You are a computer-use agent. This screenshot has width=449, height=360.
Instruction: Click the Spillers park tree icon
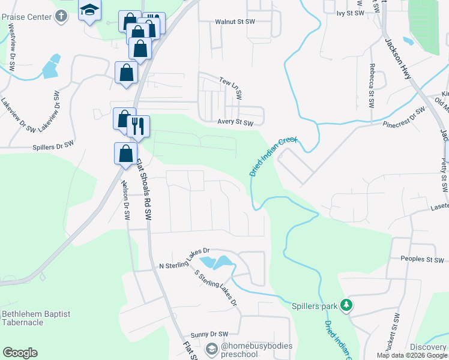pyautogui.click(x=346, y=305)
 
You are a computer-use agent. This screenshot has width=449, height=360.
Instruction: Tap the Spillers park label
pyautogui.click(x=315, y=306)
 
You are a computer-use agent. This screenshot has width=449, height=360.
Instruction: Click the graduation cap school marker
pyautogui.click(x=89, y=10)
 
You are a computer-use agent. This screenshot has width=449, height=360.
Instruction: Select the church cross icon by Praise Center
pyautogui.click(x=61, y=16)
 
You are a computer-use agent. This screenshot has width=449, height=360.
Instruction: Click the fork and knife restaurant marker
pyautogui.click(x=138, y=126)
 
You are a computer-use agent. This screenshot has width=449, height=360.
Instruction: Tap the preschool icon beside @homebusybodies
pyautogui.click(x=211, y=349)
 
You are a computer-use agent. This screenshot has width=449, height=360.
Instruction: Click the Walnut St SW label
pyautogui.click(x=235, y=22)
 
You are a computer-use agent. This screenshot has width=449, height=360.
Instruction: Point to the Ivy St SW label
pyautogui.click(x=351, y=13)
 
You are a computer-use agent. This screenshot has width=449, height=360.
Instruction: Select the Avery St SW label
pyautogui.click(x=235, y=123)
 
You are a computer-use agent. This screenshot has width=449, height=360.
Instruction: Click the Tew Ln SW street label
pyautogui.click(x=230, y=88)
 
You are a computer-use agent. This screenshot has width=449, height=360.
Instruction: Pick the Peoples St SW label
pyautogui.click(x=421, y=260)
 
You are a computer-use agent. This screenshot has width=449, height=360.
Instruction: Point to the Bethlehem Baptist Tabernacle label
pyautogui.click(x=35, y=318)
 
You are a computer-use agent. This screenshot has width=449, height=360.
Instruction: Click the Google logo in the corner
pyautogui.click(x=20, y=353)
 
